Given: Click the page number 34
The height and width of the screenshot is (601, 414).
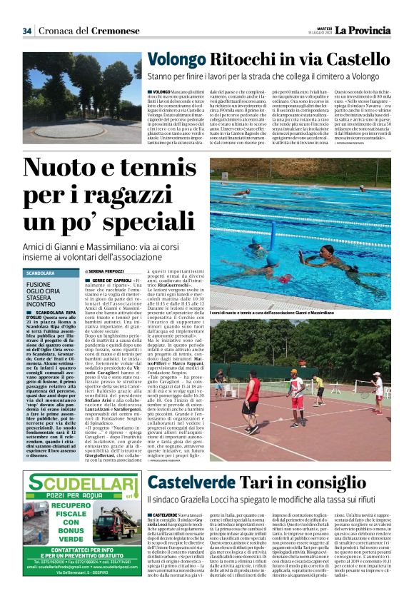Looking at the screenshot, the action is (27, 31).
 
